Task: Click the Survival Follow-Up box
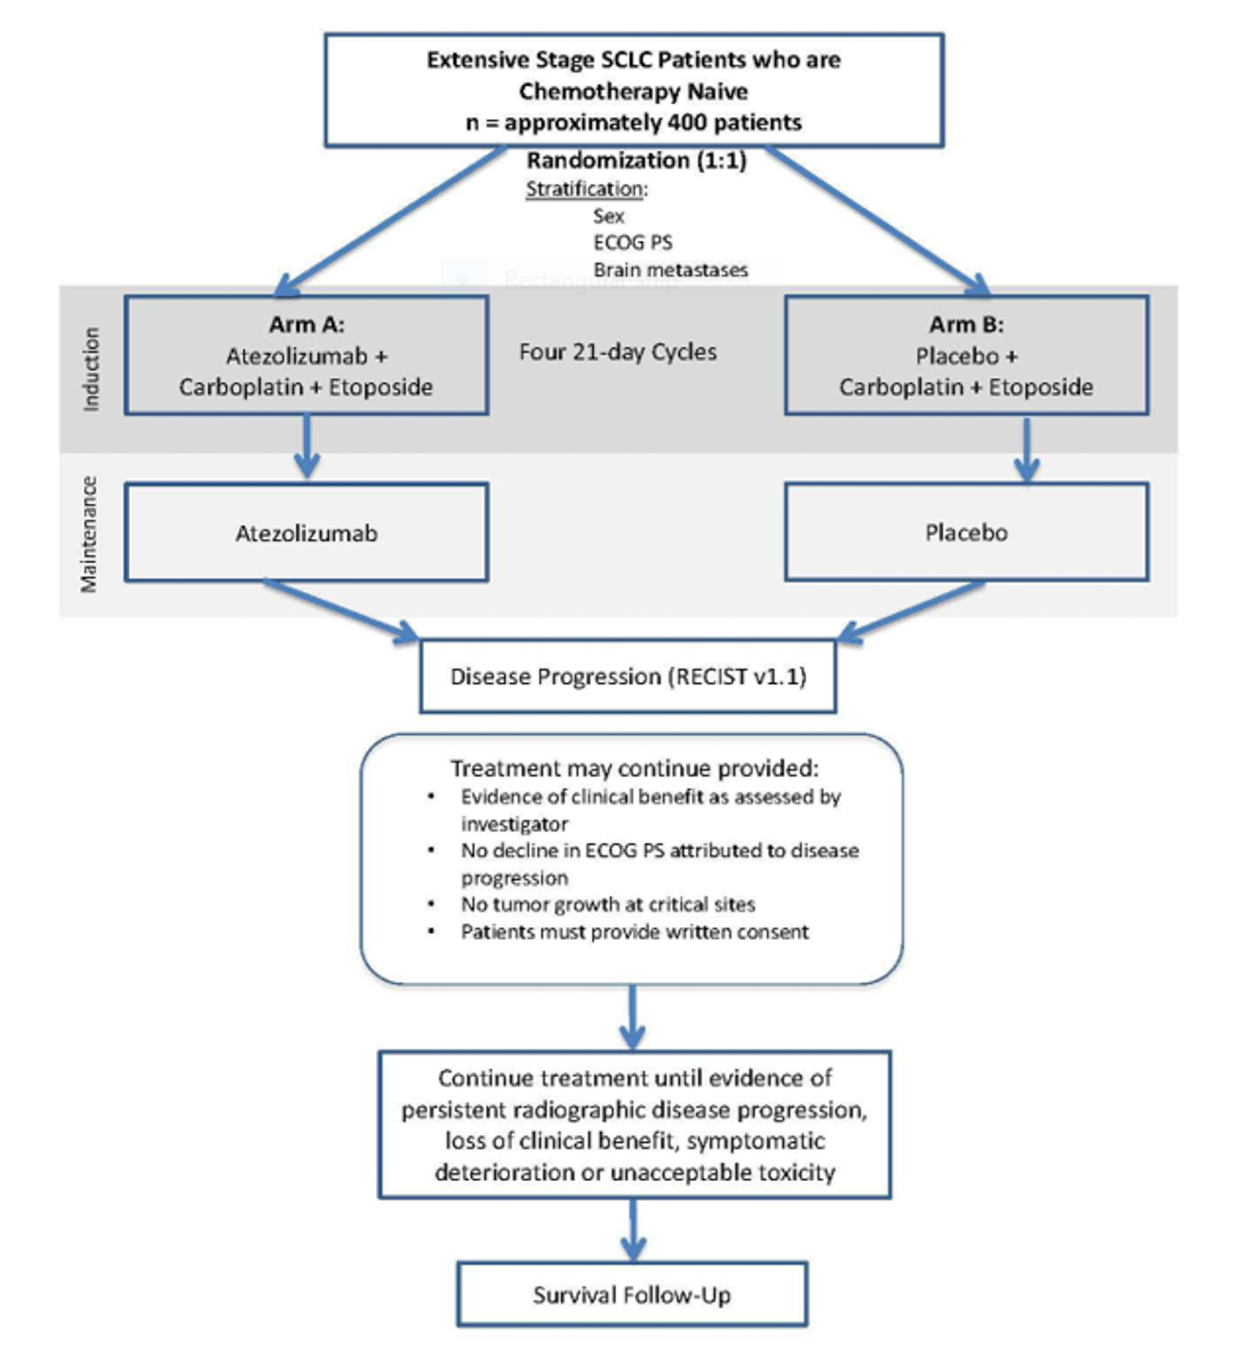point(632,1295)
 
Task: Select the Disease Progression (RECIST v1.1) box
point(628,677)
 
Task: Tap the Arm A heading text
point(306,324)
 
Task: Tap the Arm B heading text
point(967,324)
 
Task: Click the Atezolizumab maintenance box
point(306,533)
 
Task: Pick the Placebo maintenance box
point(967,532)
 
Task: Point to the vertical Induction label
point(91,368)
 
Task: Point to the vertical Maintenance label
point(89,534)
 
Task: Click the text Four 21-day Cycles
point(618,352)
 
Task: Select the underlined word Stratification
point(585,189)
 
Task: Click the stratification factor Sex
point(609,216)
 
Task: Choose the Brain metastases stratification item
point(670,270)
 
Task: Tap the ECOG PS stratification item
point(632,243)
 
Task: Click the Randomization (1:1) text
point(636,160)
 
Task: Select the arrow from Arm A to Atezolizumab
point(306,447)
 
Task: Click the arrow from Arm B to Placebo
point(1026,450)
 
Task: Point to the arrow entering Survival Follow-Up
point(632,1231)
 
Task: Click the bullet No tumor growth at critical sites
point(607,904)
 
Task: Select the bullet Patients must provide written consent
point(634,932)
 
